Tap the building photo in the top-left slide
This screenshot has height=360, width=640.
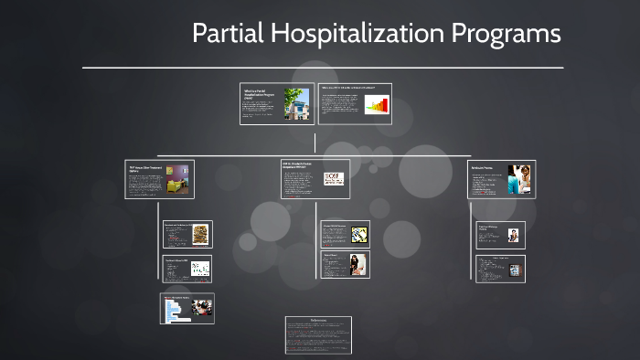296,103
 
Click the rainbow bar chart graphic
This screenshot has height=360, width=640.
377,106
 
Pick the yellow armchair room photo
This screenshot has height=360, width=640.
177,179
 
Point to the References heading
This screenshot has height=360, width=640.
318,321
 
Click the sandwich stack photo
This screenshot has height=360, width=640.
200,234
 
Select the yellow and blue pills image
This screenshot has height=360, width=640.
358,234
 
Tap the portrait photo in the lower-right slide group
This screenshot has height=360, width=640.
513,235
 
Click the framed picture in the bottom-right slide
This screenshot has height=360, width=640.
515,270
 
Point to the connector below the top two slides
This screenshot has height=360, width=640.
315,143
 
